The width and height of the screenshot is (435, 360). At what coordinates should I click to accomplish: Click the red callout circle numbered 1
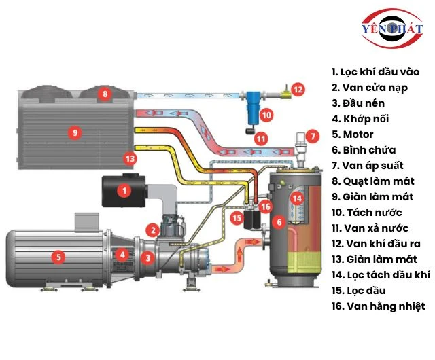[x=124, y=191]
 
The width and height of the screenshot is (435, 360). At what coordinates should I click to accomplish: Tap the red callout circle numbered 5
[x=59, y=257]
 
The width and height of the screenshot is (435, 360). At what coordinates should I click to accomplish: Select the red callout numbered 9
[x=75, y=132]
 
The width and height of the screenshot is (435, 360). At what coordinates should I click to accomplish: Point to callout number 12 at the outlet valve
[x=298, y=88]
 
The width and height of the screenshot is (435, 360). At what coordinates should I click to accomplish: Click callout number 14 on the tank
[x=296, y=198]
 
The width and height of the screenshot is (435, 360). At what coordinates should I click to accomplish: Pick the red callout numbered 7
[x=311, y=136]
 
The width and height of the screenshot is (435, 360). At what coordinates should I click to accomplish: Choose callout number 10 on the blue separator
[x=266, y=115]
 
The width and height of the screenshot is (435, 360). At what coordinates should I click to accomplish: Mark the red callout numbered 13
[x=130, y=158]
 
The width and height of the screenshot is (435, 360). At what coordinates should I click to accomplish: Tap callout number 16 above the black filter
[x=266, y=206]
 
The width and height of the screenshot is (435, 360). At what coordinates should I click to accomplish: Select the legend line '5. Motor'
[x=353, y=134]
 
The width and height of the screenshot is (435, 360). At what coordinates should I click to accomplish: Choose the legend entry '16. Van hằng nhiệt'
[x=378, y=306]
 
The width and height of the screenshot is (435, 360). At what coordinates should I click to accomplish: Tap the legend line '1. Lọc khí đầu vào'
[x=375, y=71]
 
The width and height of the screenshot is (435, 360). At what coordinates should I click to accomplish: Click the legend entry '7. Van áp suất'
[x=367, y=166]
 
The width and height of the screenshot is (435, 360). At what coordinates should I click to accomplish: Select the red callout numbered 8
[x=105, y=93]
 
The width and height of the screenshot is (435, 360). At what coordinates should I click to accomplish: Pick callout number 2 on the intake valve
[x=154, y=230]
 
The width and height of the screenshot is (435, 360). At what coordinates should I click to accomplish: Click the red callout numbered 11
[x=260, y=138]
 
